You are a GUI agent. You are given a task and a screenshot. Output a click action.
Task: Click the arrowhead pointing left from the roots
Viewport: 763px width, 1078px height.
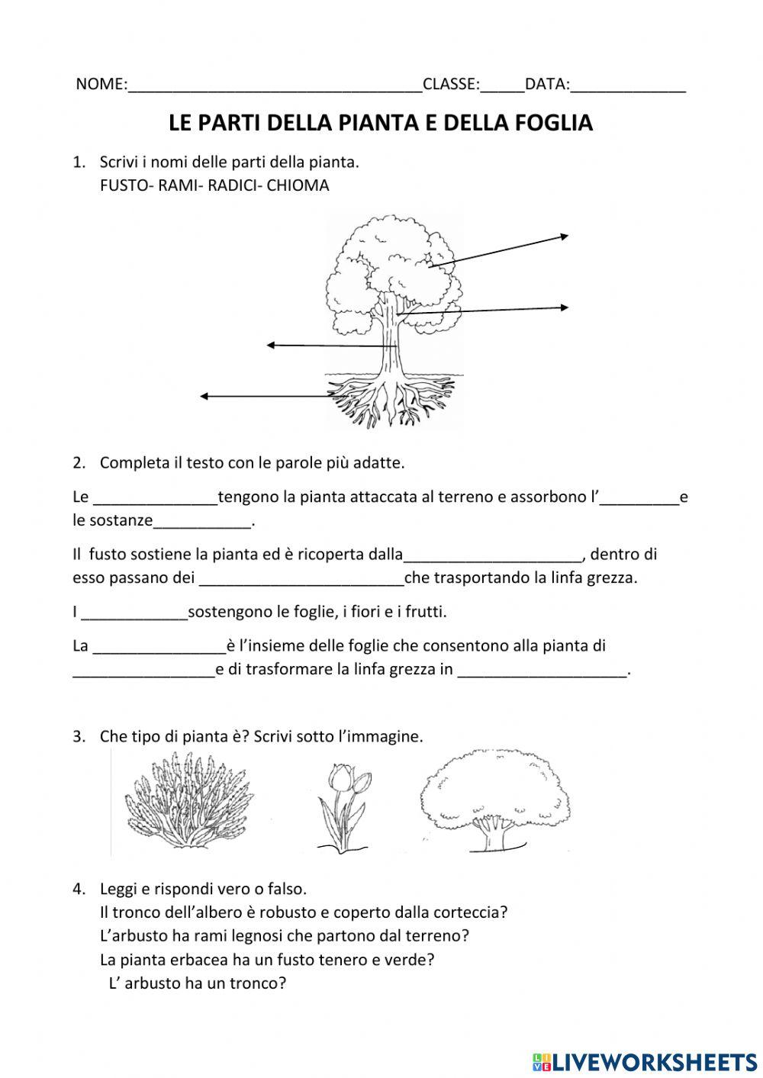(204, 396)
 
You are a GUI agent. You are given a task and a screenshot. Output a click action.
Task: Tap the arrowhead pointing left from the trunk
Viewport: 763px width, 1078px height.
(271, 346)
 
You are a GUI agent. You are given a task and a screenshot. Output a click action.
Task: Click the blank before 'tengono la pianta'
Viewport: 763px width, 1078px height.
(155, 498)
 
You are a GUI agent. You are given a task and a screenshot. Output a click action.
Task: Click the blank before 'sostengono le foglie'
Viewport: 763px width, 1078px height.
(134, 613)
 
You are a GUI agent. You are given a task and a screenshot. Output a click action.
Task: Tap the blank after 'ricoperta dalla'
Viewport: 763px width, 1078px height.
(493, 555)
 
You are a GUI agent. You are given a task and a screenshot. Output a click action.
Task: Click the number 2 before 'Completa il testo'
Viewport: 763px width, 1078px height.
(77, 462)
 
